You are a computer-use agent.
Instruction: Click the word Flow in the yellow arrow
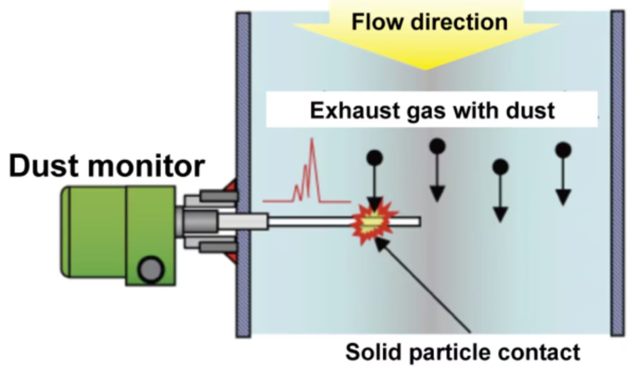375,22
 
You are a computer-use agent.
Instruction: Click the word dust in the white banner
528,111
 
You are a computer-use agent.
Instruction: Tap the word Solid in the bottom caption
374,352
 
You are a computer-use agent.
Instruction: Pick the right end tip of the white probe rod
418,221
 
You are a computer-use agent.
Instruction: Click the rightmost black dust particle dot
563,150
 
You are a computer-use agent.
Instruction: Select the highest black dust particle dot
437,146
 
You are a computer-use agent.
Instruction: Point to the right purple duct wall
617,174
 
